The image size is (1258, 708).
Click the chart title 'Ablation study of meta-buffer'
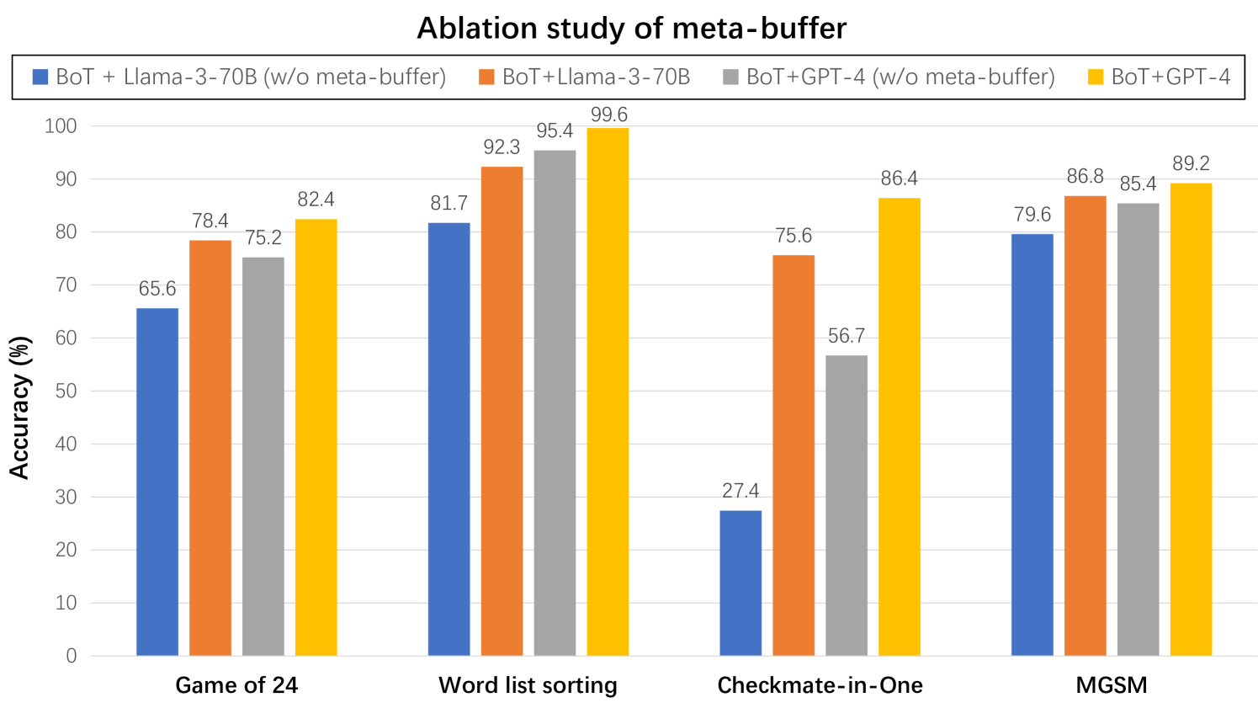coord(631,29)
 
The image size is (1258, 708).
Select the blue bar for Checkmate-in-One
coord(740,583)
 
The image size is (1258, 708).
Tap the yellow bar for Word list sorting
coord(608,391)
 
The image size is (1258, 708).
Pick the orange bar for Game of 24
coord(210,448)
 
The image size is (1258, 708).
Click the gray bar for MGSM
coord(1138,429)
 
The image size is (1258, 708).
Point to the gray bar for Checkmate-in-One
coord(847,505)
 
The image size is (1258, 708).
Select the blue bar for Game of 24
coord(157,482)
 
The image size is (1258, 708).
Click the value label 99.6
coord(608,114)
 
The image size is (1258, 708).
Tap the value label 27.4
coord(740,491)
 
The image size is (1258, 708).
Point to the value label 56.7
coord(847,336)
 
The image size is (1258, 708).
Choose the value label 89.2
coord(1191,163)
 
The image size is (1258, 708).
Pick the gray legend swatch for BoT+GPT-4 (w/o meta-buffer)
coord(730,77)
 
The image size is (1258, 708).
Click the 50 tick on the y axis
coord(66,391)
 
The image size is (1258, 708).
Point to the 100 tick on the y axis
coord(61,126)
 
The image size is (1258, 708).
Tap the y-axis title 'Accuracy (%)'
coord(20,407)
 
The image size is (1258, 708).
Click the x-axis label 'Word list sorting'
coord(528,685)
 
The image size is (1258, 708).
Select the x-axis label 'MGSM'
coord(1111,685)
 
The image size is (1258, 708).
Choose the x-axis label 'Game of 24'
coord(236,685)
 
